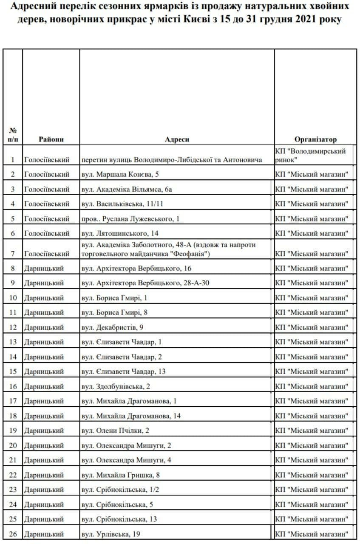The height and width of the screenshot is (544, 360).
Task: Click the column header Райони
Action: coord(51,139)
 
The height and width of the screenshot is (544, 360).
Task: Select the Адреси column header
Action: coord(177,139)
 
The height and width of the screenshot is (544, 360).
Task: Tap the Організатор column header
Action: coord(315,139)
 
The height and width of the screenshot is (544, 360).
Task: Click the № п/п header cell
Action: coord(13,135)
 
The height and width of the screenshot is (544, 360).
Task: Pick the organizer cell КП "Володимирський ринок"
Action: coord(310,155)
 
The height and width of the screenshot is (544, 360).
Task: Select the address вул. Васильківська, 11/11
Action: coord(122,204)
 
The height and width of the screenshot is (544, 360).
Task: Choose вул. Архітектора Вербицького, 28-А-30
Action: coord(145,283)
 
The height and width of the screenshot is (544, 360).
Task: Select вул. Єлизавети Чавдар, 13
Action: coord(124,371)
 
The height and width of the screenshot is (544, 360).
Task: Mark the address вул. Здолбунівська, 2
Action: coord(116,386)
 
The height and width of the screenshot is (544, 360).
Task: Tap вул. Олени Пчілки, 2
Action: coord(115,431)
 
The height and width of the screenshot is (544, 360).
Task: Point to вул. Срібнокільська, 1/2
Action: coord(120,490)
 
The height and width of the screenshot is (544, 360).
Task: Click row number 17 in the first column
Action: coord(13,401)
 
